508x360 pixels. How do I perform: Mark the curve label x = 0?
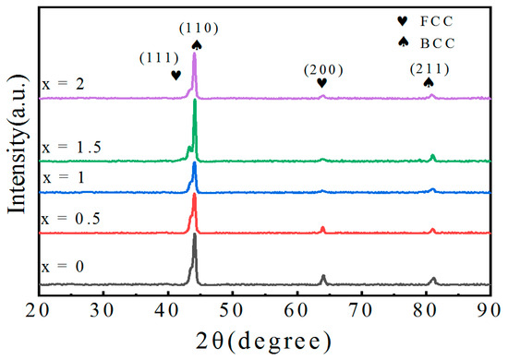point(60,267)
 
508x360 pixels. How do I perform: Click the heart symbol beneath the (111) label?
point(176,75)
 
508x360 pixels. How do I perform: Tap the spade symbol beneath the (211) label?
point(429,83)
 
